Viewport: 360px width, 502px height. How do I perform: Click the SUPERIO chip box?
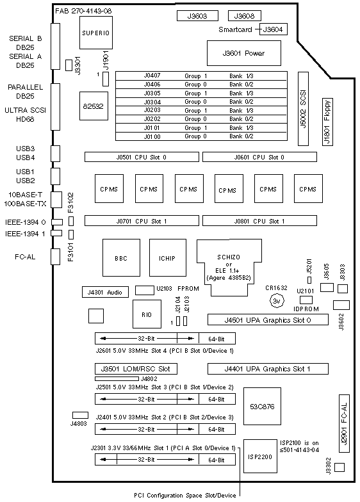pyautogui.click(x=96, y=33)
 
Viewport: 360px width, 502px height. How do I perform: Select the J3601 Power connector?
pyautogui.click(x=243, y=53)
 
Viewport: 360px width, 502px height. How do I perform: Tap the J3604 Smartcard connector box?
pyautogui.click(x=273, y=29)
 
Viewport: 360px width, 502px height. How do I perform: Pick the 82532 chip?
pyautogui.click(x=94, y=106)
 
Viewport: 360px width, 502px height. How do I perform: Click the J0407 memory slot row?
pyautogui.click(x=201, y=76)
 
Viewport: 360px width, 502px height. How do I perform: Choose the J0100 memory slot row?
pyautogui.click(x=201, y=136)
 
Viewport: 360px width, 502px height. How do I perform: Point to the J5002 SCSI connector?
pyautogui.click(x=303, y=109)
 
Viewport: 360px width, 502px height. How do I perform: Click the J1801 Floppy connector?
pyautogui.click(x=327, y=122)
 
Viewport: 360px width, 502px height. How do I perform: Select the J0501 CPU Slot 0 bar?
pyautogui.click(x=142, y=158)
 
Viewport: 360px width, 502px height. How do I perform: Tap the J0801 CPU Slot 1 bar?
pyautogui.click(x=259, y=221)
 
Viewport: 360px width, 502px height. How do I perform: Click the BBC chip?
pyautogui.click(x=121, y=257)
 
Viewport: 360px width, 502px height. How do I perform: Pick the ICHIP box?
pyautogui.click(x=168, y=257)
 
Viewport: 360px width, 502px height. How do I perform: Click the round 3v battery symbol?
pyautogui.click(x=277, y=301)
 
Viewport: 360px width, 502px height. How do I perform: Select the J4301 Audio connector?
pyautogui.click(x=105, y=292)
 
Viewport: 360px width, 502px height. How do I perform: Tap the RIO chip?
pyautogui.click(x=147, y=314)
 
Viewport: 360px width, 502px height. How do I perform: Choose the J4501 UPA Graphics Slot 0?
pyautogui.click(x=268, y=320)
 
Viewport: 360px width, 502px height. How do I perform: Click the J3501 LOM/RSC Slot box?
pyautogui.click(x=136, y=369)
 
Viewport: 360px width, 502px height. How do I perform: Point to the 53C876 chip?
pyautogui.click(x=262, y=406)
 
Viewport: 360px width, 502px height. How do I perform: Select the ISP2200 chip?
pyautogui.click(x=260, y=456)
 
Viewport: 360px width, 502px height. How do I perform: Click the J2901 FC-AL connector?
pyautogui.click(x=344, y=423)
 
